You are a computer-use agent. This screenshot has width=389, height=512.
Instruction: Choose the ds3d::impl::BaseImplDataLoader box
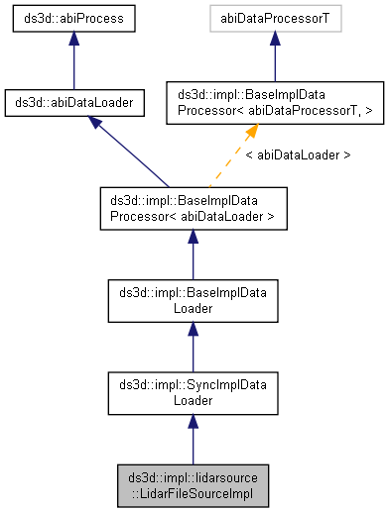(x=193, y=300)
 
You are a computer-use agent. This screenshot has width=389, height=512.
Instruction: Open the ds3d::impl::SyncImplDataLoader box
(x=193, y=393)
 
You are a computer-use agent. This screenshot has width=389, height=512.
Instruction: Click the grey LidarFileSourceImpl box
(x=193, y=485)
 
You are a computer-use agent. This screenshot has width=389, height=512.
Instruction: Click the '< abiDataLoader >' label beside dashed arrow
(x=297, y=155)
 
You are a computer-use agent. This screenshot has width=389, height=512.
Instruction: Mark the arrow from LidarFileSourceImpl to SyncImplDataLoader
(x=193, y=440)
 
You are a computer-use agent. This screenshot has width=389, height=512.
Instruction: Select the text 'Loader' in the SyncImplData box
(x=193, y=401)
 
